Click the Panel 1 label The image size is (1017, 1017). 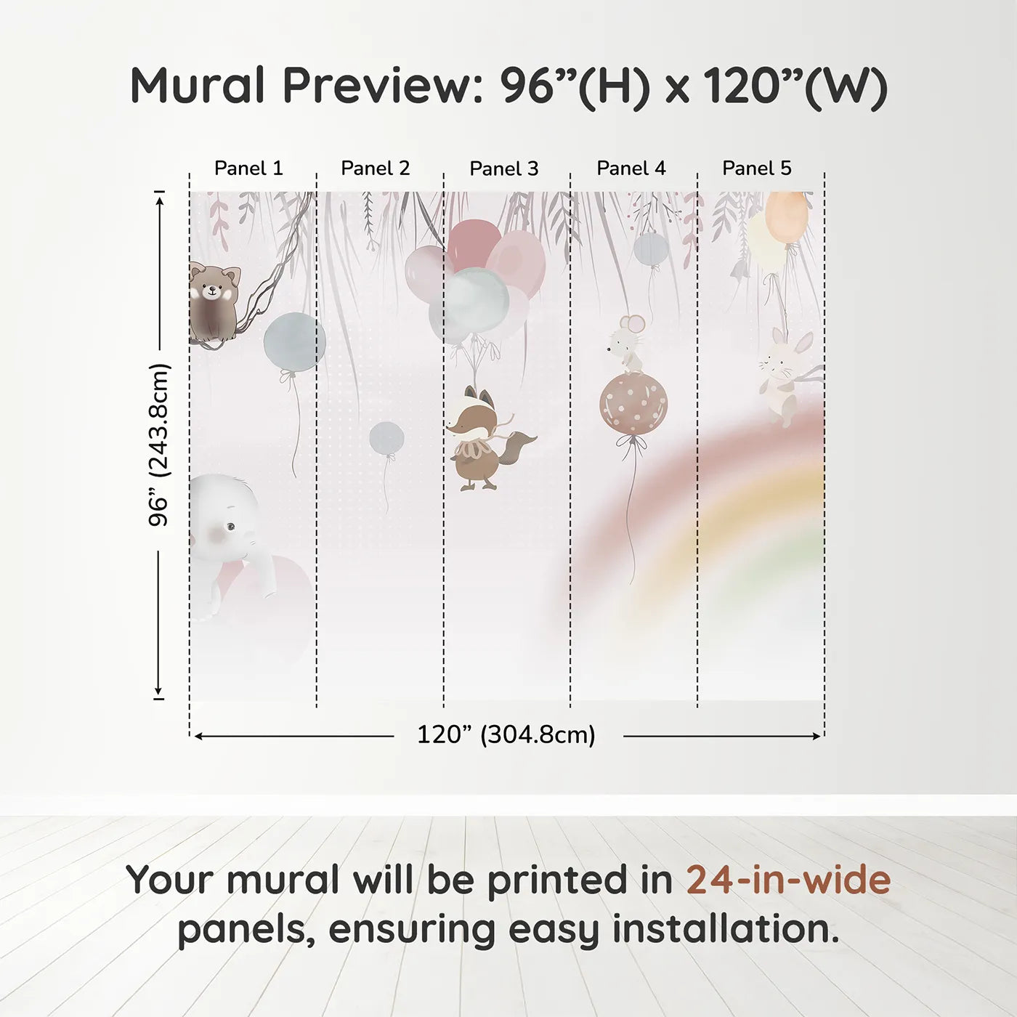coord(248,169)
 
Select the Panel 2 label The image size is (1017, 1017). coord(376,169)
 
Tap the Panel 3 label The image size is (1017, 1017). coord(504,169)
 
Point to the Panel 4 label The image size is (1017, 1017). coord(631,169)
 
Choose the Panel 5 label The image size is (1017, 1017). coord(757,169)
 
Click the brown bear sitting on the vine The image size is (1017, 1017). coord(214,303)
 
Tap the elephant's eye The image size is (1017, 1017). coord(230,526)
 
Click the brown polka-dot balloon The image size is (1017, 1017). coord(633,405)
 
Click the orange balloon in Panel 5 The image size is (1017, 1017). coord(787,217)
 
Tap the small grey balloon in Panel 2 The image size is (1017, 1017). coord(387,438)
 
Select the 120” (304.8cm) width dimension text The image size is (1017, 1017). coord(506,734)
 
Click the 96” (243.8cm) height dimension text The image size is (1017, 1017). coord(158,445)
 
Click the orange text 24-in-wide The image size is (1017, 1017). coord(788,880)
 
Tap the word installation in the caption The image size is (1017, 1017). coord(726,929)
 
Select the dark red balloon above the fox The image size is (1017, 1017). coord(474,244)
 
